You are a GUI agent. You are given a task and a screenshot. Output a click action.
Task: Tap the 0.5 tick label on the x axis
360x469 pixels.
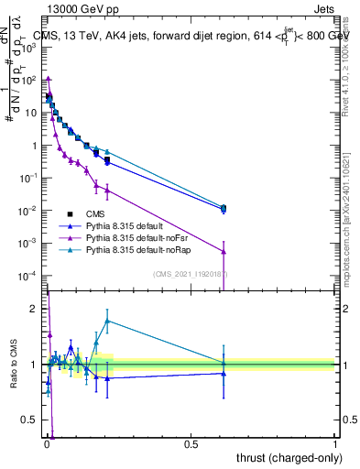coord(191,444)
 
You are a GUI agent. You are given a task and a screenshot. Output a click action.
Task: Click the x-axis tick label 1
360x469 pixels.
coord(335,444)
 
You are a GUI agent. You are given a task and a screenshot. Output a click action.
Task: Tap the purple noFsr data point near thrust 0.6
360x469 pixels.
coord(224,251)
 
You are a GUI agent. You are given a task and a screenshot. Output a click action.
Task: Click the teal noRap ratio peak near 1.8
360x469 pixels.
coord(107,321)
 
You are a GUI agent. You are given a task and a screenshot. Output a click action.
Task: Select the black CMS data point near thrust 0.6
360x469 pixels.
coord(224,208)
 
